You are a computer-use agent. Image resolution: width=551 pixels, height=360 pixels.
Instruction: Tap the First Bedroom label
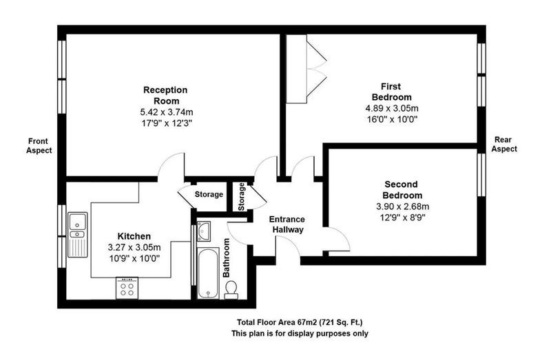click(x=391, y=92)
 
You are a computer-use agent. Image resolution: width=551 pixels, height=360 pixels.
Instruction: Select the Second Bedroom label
click(x=402, y=190)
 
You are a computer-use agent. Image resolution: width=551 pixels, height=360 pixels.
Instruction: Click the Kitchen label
click(x=134, y=236)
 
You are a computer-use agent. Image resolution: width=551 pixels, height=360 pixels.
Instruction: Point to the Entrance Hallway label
click(x=287, y=225)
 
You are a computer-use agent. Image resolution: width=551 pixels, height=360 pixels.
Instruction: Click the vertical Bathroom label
click(x=227, y=258)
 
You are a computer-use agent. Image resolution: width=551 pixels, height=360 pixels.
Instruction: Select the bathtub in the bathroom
click(x=208, y=273)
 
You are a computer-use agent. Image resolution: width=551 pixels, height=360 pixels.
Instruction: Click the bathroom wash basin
click(x=203, y=231)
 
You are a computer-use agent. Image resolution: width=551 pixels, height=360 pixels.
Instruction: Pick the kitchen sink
click(x=78, y=235)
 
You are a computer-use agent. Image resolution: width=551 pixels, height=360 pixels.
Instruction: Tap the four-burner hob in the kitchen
click(x=127, y=288)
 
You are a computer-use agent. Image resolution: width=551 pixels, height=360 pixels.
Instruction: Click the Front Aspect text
click(x=39, y=146)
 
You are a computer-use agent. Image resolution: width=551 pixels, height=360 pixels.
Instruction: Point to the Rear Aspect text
click(x=504, y=145)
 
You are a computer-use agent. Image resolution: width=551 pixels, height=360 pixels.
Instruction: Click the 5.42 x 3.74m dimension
click(x=167, y=112)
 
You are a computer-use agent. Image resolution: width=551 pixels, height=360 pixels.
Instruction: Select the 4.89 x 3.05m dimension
click(x=392, y=108)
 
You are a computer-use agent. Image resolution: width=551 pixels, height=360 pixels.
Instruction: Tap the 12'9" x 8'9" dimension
click(x=403, y=218)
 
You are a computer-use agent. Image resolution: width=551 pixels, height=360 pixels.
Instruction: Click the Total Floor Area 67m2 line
click(x=300, y=322)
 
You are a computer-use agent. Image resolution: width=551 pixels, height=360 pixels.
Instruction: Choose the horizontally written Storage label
click(x=209, y=194)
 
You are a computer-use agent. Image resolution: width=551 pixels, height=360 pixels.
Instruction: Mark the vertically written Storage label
click(x=242, y=197)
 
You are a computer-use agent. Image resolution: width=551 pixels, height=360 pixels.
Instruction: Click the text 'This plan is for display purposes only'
click(x=300, y=333)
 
